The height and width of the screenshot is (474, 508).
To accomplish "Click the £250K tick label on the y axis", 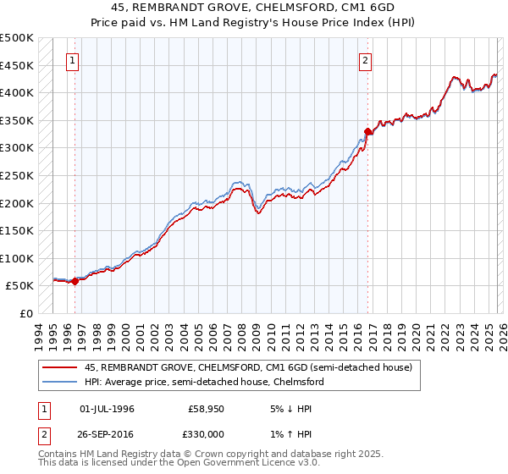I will click(x=17, y=175).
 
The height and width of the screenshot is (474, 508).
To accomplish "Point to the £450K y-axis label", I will click(x=17, y=65).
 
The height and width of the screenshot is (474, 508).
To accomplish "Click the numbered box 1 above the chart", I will click(x=74, y=60).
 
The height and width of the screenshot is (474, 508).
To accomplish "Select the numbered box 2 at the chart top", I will click(x=365, y=60).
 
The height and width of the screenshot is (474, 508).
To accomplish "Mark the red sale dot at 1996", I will click(x=75, y=282).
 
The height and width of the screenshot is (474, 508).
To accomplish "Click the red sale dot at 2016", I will click(x=368, y=131).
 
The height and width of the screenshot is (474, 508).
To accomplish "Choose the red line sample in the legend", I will click(x=60, y=367).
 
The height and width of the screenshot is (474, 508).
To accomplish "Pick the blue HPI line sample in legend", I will click(x=60, y=382).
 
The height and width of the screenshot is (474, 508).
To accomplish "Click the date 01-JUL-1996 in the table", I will click(x=107, y=409).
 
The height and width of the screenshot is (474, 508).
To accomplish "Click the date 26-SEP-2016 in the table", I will click(x=107, y=433).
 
